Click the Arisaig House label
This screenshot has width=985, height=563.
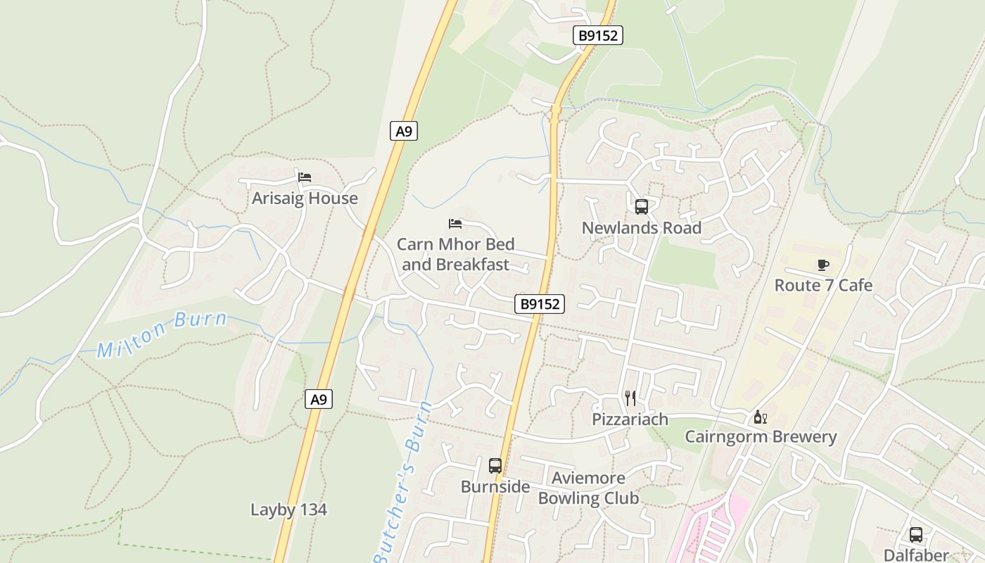(x=305, y=198)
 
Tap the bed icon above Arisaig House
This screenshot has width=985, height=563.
(x=305, y=177)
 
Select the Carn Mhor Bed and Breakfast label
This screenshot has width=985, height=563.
(x=455, y=255)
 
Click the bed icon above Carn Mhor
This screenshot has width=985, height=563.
(x=455, y=224)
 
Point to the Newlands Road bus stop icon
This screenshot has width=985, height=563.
(x=641, y=207)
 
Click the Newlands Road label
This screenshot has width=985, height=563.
(x=641, y=228)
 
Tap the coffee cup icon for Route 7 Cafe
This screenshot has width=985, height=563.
(x=823, y=265)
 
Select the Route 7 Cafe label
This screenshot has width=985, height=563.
(x=823, y=285)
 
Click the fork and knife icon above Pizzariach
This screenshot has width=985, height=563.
(x=630, y=398)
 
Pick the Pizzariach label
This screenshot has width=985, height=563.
(x=630, y=419)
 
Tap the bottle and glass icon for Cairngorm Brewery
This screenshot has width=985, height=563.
(x=761, y=417)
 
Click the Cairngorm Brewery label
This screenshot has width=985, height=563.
(x=761, y=437)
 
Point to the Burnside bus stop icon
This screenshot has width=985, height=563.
(x=495, y=466)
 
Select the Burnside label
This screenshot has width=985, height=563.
(x=495, y=487)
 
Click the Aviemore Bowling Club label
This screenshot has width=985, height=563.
(x=588, y=488)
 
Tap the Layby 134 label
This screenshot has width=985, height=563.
(x=288, y=510)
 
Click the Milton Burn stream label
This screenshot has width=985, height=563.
(x=162, y=334)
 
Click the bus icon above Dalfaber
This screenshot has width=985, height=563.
(x=915, y=535)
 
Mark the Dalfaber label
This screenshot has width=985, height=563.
(x=915, y=555)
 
